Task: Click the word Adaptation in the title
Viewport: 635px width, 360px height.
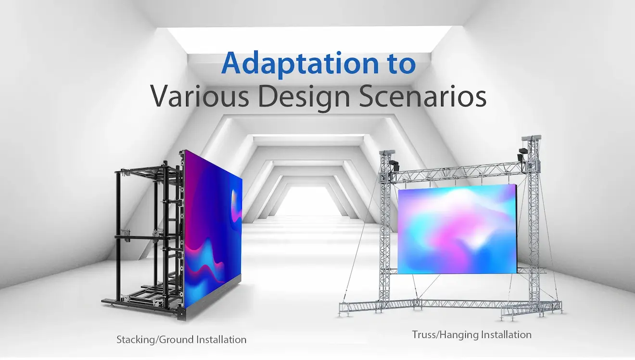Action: click(x=300, y=64)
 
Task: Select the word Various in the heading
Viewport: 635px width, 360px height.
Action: click(x=200, y=96)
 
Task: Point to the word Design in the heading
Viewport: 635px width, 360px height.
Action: click(x=304, y=98)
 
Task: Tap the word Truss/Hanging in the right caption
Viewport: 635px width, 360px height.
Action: click(x=445, y=335)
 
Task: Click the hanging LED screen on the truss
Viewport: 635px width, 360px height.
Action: click(x=457, y=229)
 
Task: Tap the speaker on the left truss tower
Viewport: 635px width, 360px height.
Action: click(x=394, y=165)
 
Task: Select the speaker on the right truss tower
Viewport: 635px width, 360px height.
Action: click(x=522, y=154)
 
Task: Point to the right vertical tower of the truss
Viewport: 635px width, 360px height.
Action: click(x=533, y=221)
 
